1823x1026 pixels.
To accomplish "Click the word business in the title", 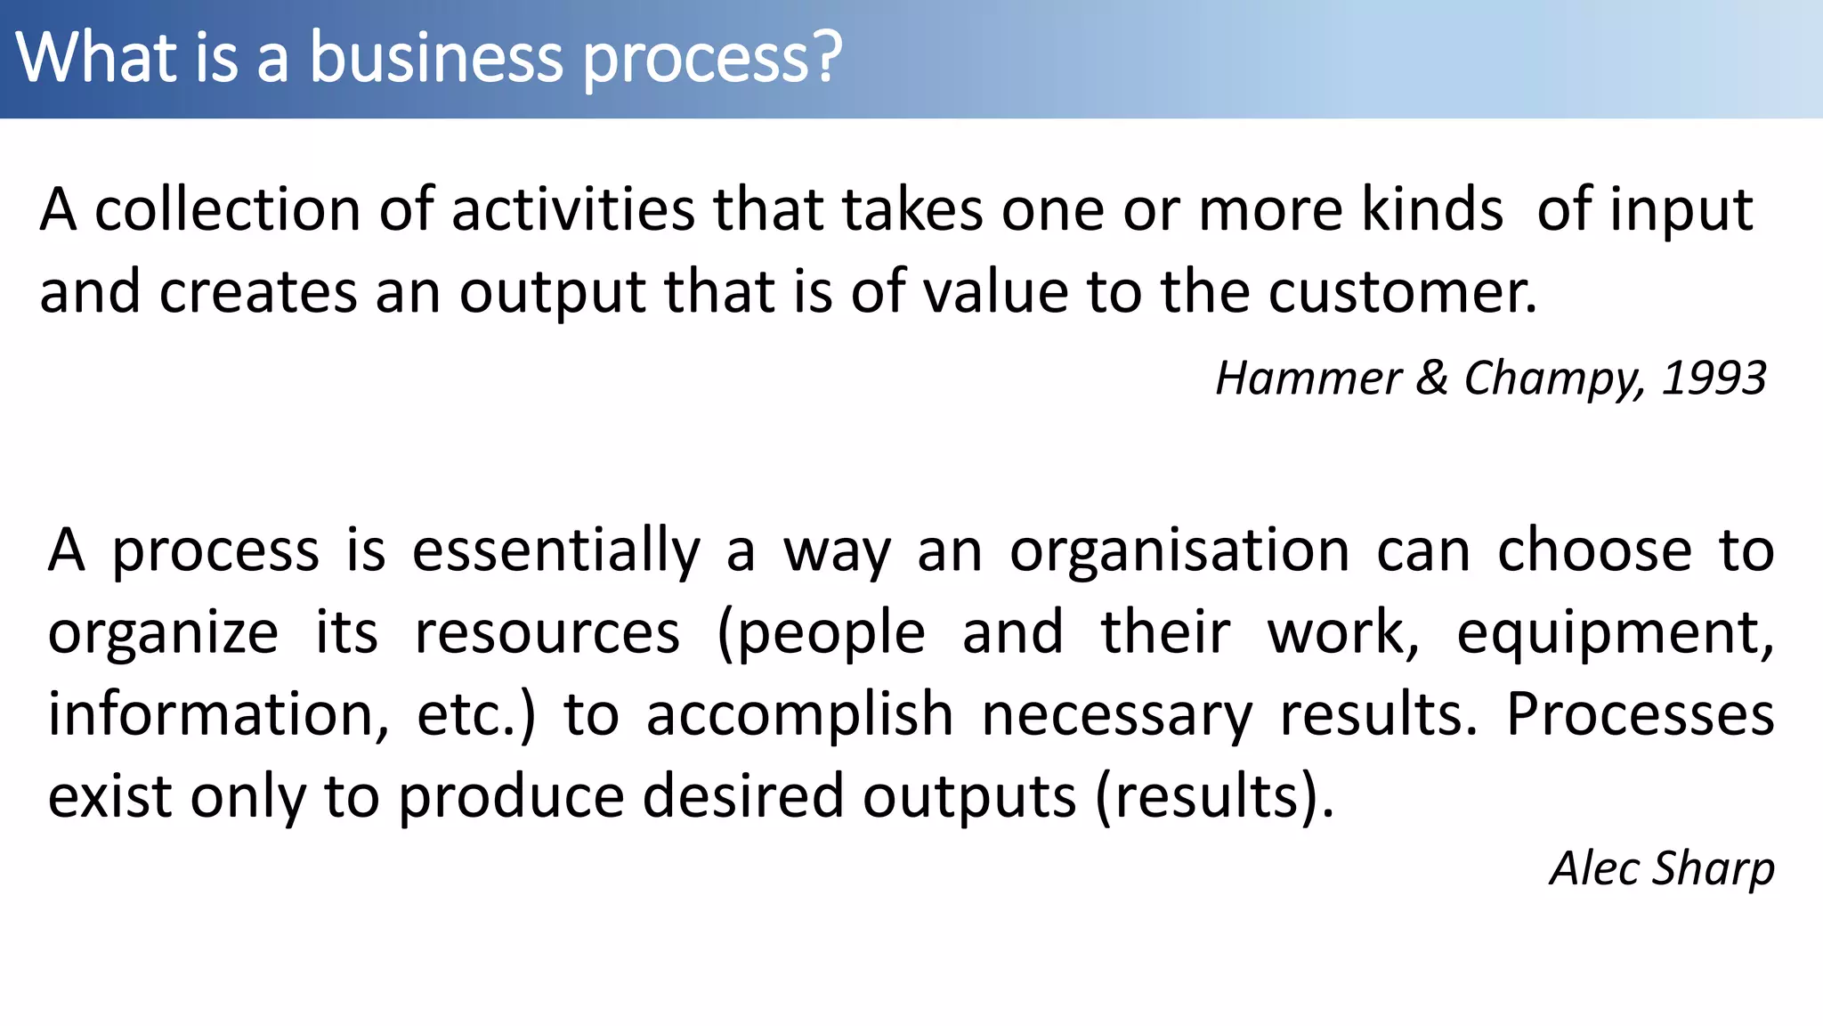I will (436, 58).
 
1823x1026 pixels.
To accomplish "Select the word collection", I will (227, 210).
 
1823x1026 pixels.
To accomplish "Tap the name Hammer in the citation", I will (1308, 379).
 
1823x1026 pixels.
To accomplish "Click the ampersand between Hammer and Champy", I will (1431, 379).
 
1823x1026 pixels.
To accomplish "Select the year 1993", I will (1714, 379).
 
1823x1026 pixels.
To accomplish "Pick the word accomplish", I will (799, 715).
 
